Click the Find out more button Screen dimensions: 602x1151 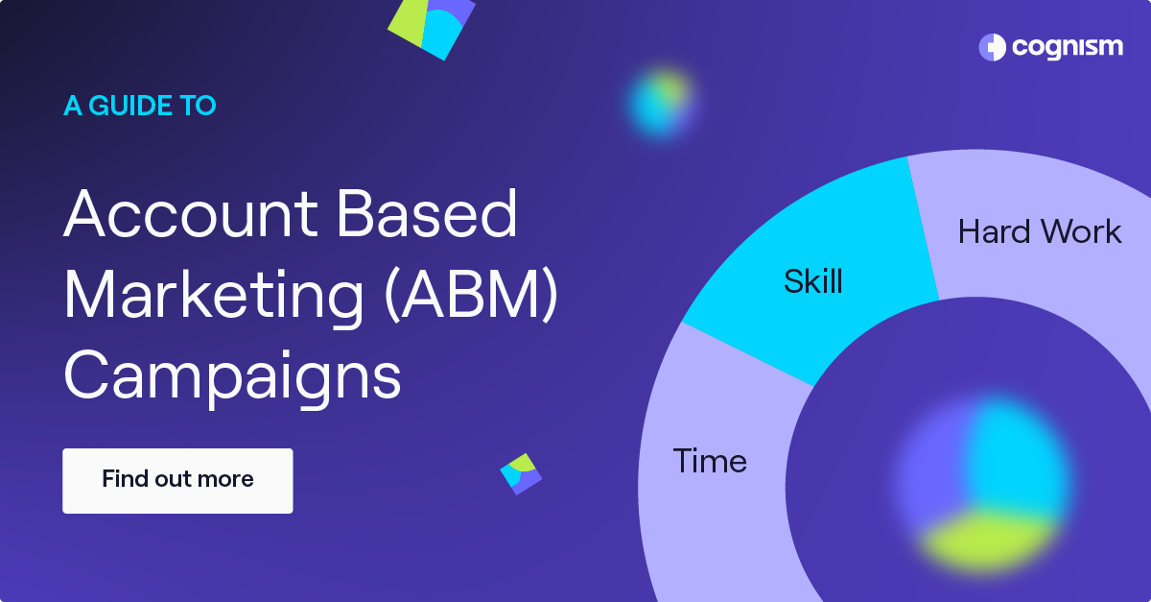pyautogui.click(x=177, y=480)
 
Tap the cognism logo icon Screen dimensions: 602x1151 pyautogui.click(x=992, y=47)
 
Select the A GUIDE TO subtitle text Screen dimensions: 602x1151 pyautogui.click(x=140, y=106)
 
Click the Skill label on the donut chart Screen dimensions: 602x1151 pyautogui.click(x=813, y=281)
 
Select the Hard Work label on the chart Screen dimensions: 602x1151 pyautogui.click(x=1040, y=231)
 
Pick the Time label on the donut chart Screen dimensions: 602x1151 pyautogui.click(x=710, y=461)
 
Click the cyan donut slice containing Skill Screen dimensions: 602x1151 pyautogui.click(x=767, y=317)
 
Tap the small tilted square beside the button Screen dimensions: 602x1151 pyautogui.click(x=521, y=473)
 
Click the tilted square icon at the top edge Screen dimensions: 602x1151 pyautogui.click(x=433, y=24)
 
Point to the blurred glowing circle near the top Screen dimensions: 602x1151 pyautogui.click(x=660, y=101)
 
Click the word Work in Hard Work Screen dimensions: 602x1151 pyautogui.click(x=1082, y=231)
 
